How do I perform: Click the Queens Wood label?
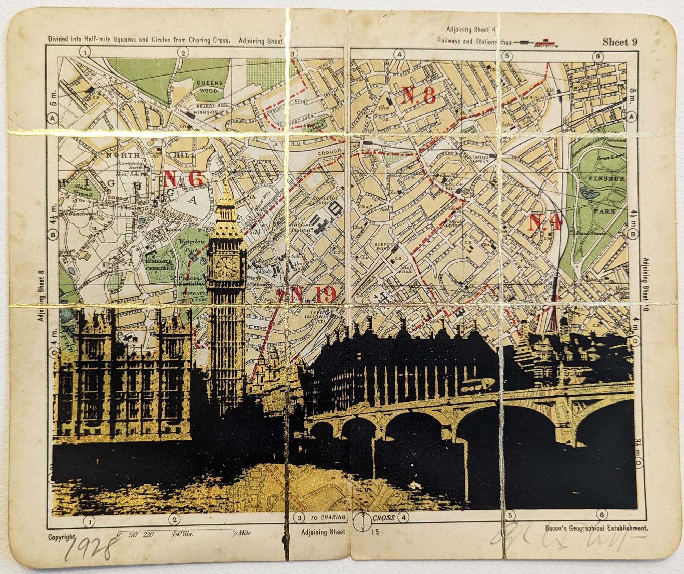click(x=209, y=87)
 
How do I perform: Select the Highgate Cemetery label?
click(x=160, y=265)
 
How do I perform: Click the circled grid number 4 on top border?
click(x=399, y=55)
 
